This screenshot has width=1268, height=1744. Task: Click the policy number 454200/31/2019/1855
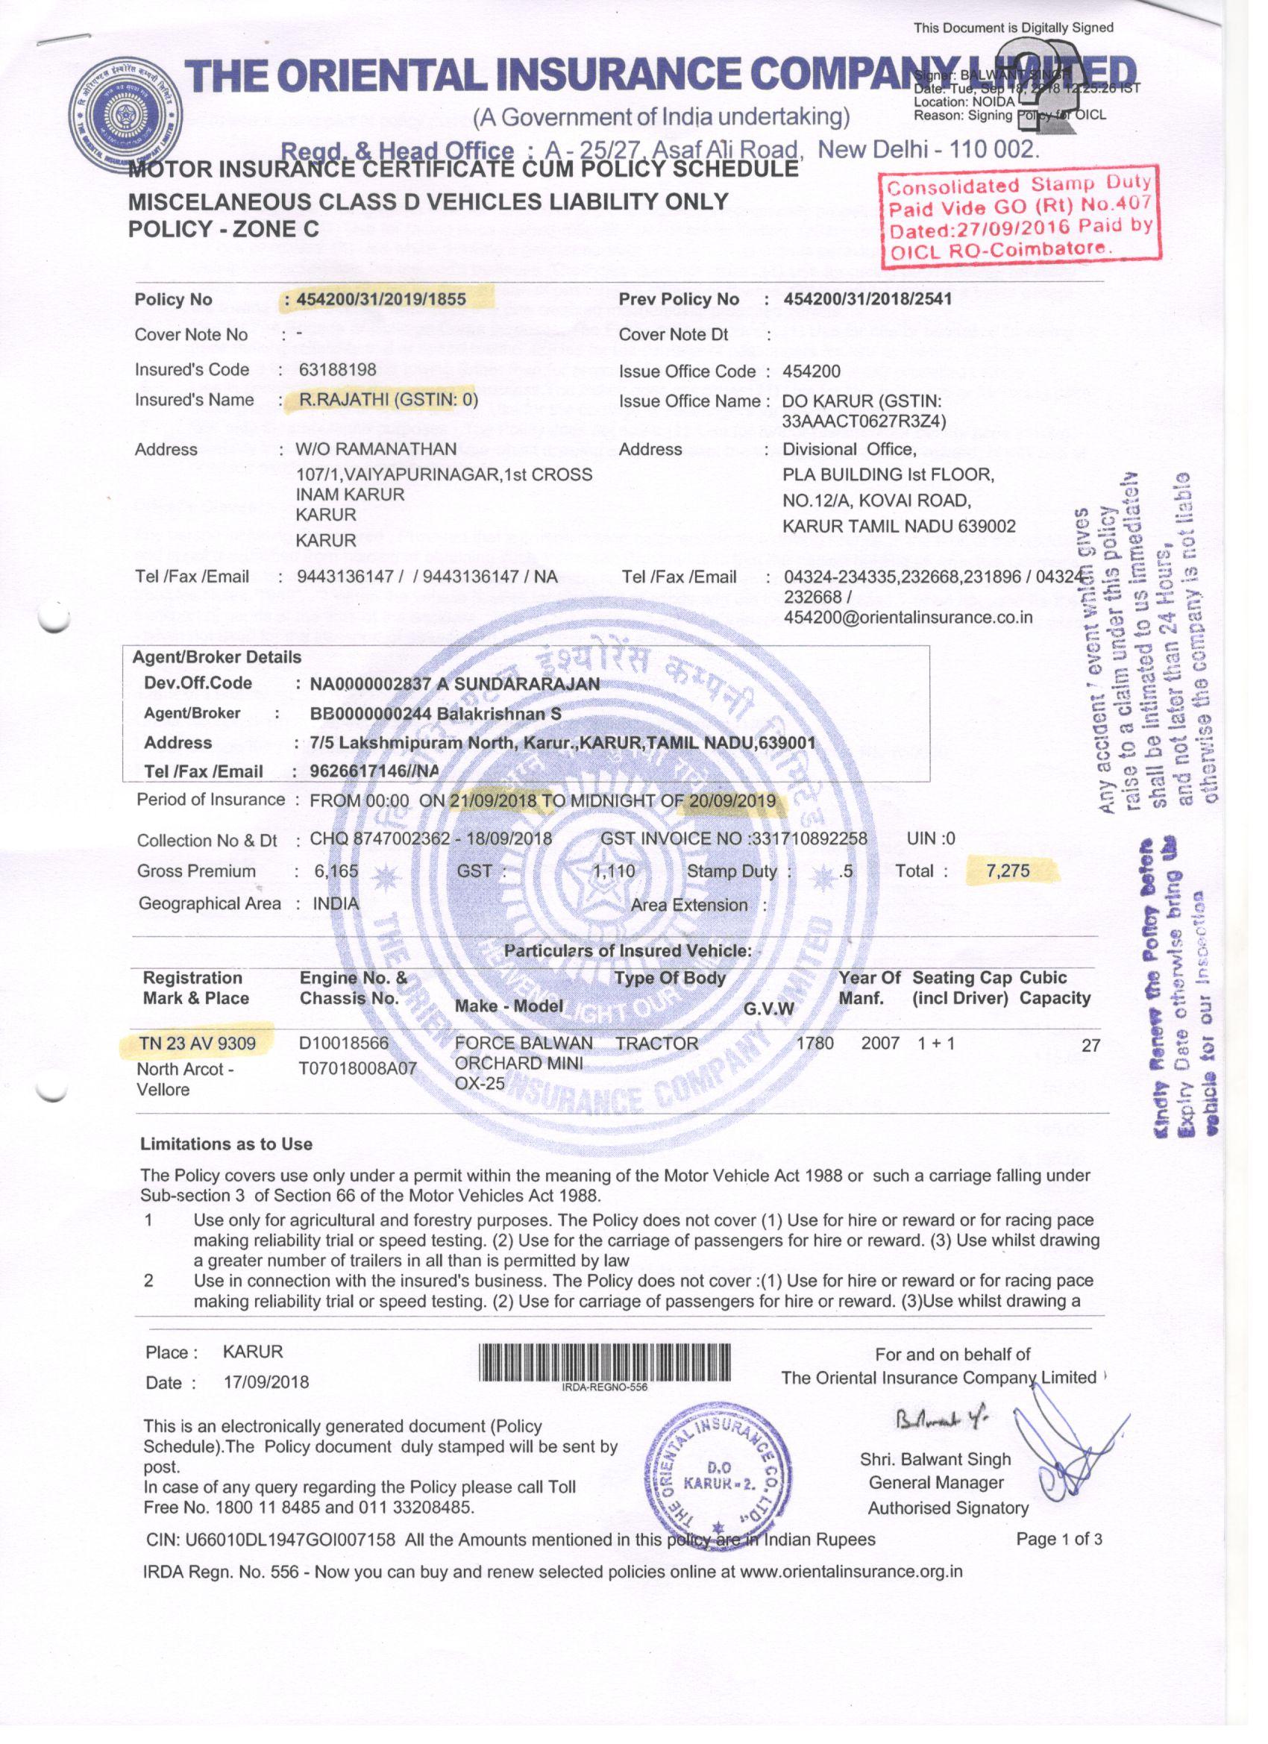pyautogui.click(x=380, y=299)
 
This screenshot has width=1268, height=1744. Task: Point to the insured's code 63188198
pyautogui.click(x=338, y=369)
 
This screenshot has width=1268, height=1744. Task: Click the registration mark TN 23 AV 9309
pyautogui.click(x=197, y=1044)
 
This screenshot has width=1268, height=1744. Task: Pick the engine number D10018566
pyautogui.click(x=344, y=1044)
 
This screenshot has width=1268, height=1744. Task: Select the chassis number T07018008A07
pyautogui.click(x=357, y=1068)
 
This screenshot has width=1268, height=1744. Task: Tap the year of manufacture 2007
pyautogui.click(x=879, y=1044)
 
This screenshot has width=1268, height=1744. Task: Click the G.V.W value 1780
pyautogui.click(x=815, y=1044)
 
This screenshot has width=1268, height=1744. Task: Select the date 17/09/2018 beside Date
pyautogui.click(x=266, y=1382)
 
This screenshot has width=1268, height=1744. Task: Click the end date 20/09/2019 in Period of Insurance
pyautogui.click(x=732, y=800)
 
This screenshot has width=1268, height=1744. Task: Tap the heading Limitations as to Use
pyautogui.click(x=226, y=1144)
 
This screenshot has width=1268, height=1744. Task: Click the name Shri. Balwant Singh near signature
pyautogui.click(x=935, y=1460)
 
